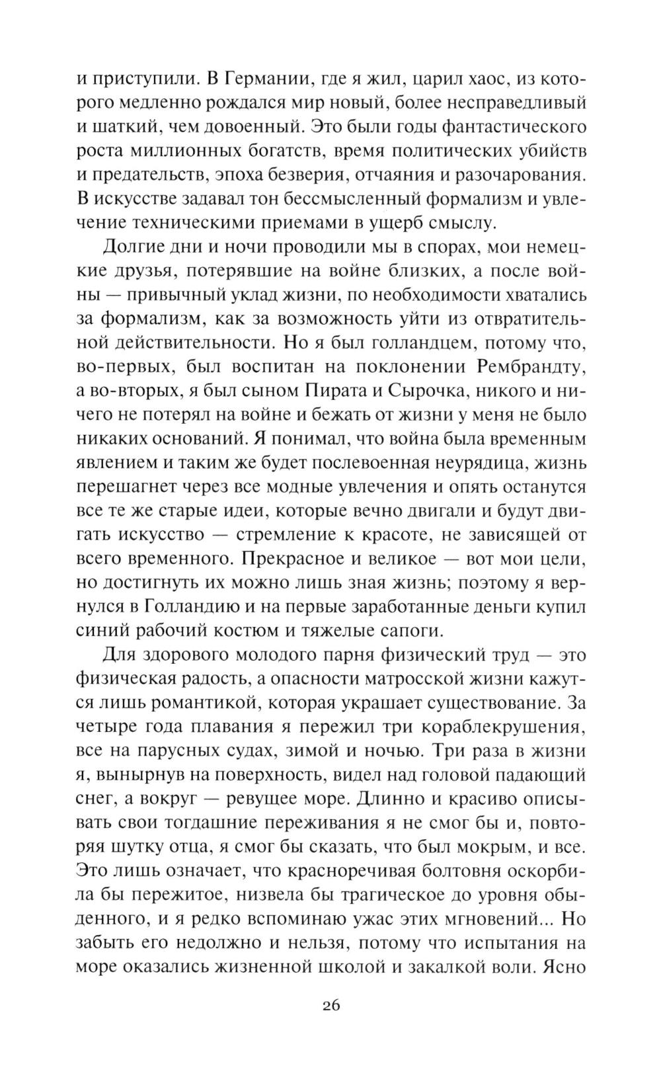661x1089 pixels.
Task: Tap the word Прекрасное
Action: tap(290, 559)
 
